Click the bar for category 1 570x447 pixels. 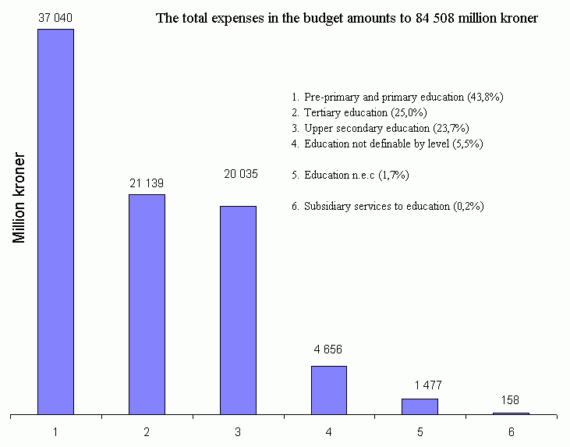click(55, 222)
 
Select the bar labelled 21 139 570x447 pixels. click(147, 304)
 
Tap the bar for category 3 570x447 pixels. click(238, 310)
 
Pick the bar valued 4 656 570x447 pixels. click(328, 390)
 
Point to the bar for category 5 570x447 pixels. click(420, 406)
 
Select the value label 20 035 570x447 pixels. click(238, 173)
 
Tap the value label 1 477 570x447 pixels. click(420, 385)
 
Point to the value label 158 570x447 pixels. click(511, 399)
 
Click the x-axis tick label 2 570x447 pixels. click(147, 431)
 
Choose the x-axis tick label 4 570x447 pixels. click(328, 431)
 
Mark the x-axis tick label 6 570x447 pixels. click(511, 431)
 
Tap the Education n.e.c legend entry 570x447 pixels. click(350, 175)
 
